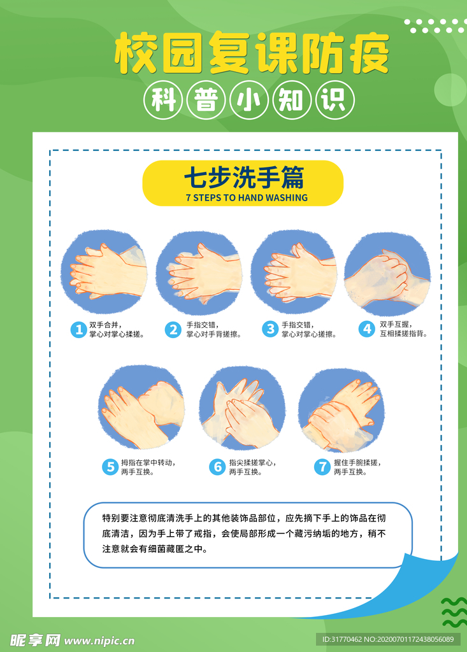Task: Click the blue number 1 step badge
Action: [78, 330]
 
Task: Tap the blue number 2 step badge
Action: [173, 330]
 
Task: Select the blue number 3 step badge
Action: [270, 329]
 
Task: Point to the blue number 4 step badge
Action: [367, 329]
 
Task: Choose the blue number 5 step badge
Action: [110, 467]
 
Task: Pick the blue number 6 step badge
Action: [217, 467]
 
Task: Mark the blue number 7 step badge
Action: [322, 467]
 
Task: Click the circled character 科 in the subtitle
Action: [162, 100]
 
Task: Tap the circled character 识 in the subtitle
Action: [335, 100]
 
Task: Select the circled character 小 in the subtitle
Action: [249, 100]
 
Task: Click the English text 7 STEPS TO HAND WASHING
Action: [247, 198]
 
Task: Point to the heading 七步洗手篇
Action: [244, 178]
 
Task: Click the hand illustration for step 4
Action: [387, 274]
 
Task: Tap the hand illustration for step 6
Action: [242, 409]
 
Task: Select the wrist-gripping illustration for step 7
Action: [341, 410]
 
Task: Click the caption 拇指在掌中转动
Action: [148, 463]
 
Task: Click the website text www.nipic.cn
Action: [99, 641]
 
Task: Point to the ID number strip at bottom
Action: [388, 639]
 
